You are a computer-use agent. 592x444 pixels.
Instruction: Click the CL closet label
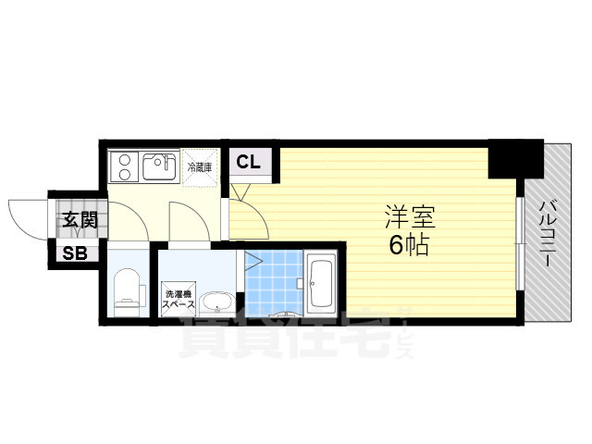pos(247,162)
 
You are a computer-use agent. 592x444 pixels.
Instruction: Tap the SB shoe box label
pos(74,253)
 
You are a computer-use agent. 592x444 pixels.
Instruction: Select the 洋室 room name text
pos(410,218)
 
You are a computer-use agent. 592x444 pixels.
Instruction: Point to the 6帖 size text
pos(409,246)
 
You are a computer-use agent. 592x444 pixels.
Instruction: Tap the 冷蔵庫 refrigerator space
pos(200,167)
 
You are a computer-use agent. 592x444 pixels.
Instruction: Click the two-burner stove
pos(123,167)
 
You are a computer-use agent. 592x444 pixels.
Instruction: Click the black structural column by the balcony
pos(514,159)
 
